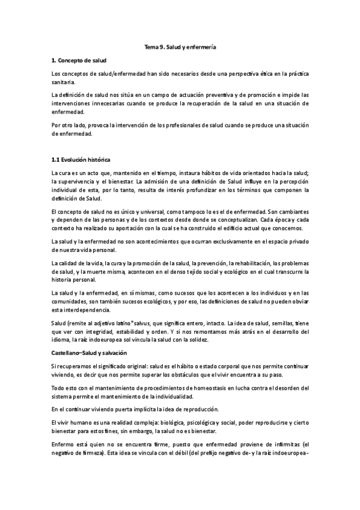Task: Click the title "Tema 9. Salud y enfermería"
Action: coord(180,47)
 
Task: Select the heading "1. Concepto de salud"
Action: coord(79,60)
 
